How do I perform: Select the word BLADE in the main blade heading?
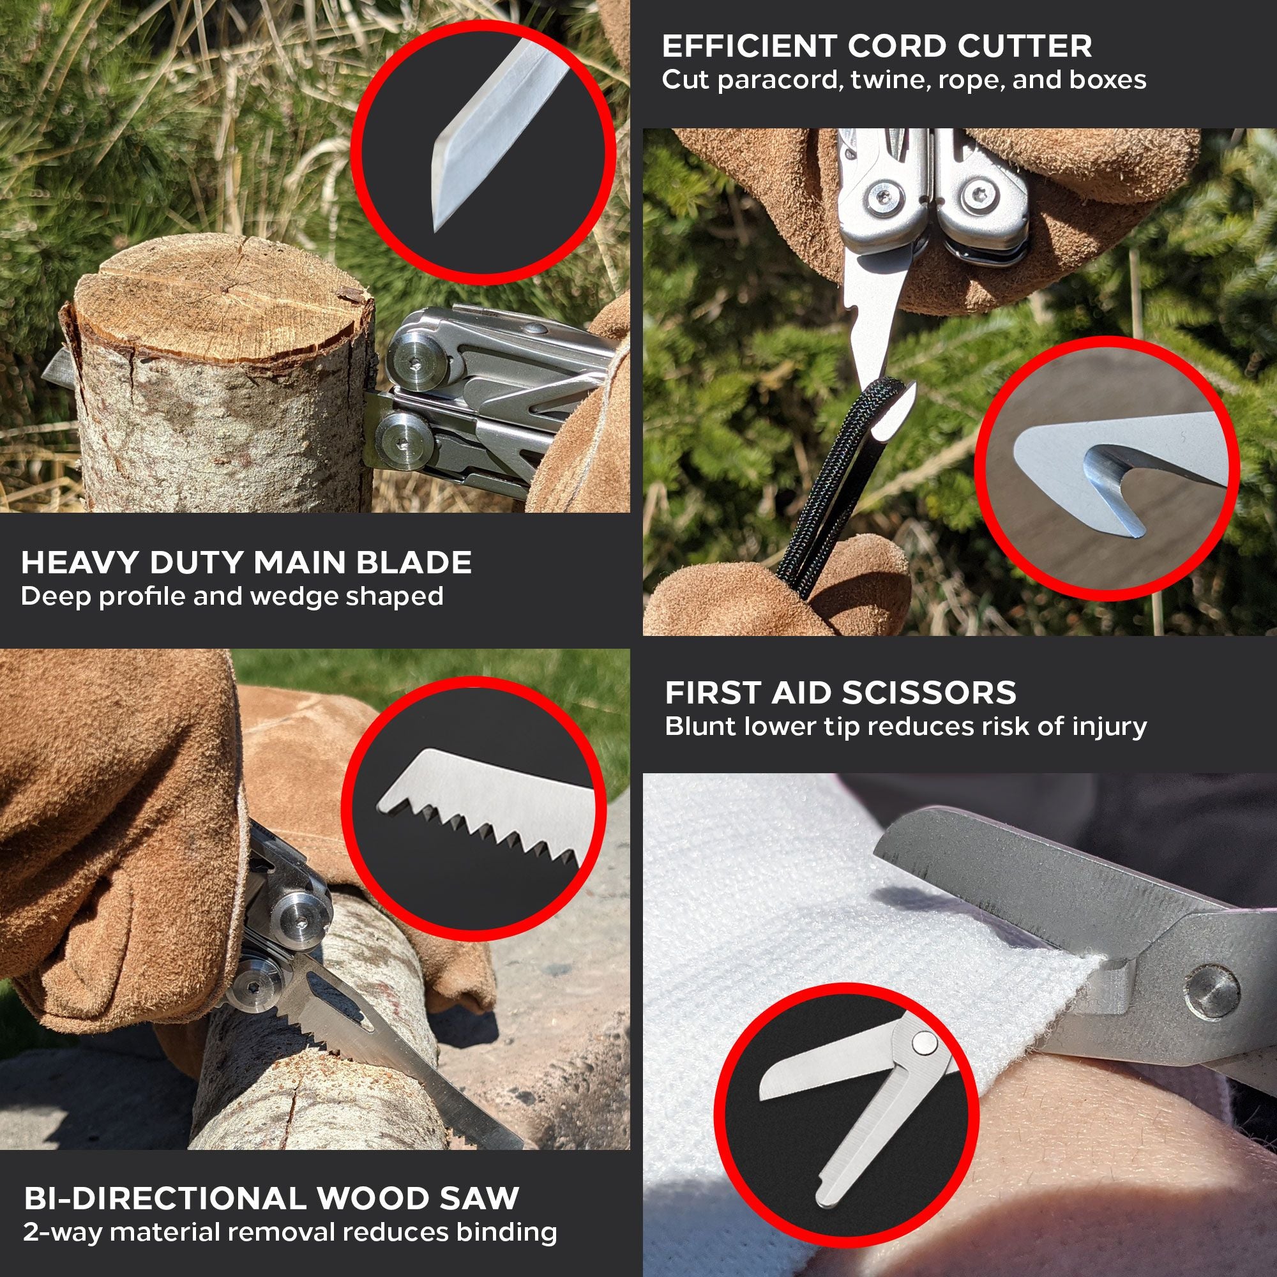(x=414, y=563)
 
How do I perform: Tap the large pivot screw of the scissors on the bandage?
(x=1212, y=992)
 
